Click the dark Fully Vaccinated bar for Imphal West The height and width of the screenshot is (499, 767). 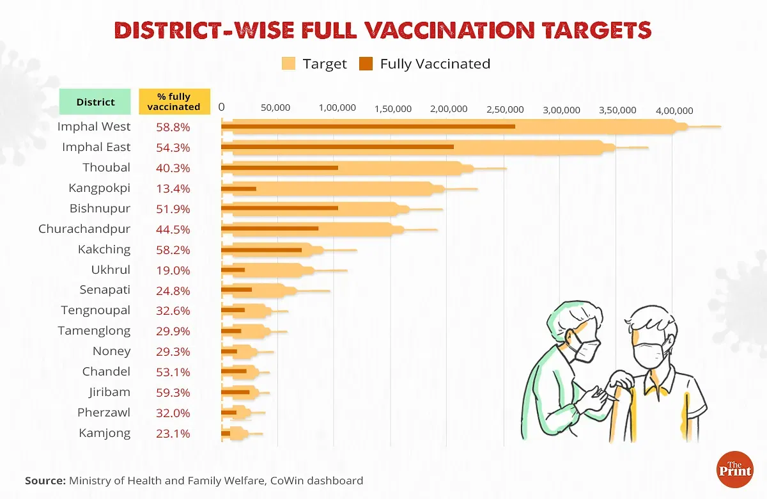pyautogui.click(x=368, y=126)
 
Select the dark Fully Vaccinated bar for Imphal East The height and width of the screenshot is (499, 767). pyautogui.click(x=337, y=147)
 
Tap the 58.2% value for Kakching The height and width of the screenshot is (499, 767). pyautogui.click(x=173, y=249)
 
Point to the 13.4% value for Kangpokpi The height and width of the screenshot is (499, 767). pyautogui.click(x=173, y=188)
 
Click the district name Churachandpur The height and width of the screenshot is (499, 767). pyautogui.click(x=84, y=229)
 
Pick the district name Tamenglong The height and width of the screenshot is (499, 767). pyautogui.click(x=94, y=331)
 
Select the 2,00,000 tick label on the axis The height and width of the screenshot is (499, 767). pyautogui.click(x=449, y=109)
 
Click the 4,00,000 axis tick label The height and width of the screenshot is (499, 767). pyautogui.click(x=674, y=109)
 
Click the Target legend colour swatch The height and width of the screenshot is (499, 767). pyautogui.click(x=288, y=63)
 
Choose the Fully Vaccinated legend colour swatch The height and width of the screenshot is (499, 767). pyautogui.click(x=366, y=63)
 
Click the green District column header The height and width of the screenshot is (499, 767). pyautogui.click(x=96, y=102)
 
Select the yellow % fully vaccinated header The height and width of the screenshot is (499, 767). pyautogui.click(x=174, y=102)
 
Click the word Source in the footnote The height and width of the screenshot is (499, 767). pyautogui.click(x=45, y=480)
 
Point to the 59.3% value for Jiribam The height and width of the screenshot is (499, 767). pyautogui.click(x=173, y=392)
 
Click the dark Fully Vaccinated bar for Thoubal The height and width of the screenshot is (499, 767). pyautogui.click(x=279, y=168)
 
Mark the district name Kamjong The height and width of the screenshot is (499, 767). pyautogui.click(x=105, y=433)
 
